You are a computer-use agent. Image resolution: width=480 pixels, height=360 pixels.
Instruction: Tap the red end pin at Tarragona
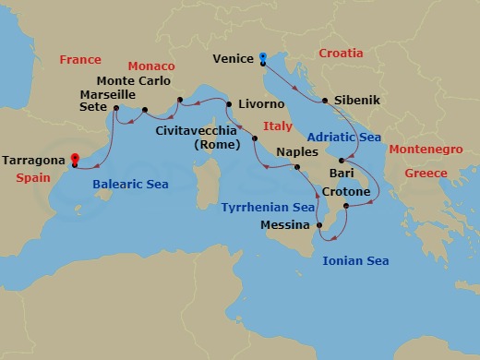[75, 159]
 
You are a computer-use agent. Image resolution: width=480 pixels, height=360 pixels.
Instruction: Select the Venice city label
[233, 59]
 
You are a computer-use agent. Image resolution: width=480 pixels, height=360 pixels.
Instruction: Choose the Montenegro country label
[426, 149]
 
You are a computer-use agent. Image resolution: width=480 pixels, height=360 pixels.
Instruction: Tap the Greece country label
[426, 173]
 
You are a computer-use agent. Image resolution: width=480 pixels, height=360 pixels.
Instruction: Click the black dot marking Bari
[342, 162]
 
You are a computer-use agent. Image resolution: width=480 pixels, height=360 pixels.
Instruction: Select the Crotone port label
[347, 192]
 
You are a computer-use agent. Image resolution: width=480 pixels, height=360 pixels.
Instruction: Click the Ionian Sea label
[355, 261]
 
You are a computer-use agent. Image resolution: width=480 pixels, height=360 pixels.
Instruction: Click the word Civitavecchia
[198, 130]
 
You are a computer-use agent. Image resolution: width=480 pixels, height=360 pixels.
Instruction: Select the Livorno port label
[261, 104]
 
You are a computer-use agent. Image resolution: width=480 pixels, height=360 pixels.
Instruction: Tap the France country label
[80, 60]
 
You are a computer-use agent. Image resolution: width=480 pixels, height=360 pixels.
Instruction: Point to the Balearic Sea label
[130, 185]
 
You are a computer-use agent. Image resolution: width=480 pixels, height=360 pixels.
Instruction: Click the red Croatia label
[341, 54]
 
